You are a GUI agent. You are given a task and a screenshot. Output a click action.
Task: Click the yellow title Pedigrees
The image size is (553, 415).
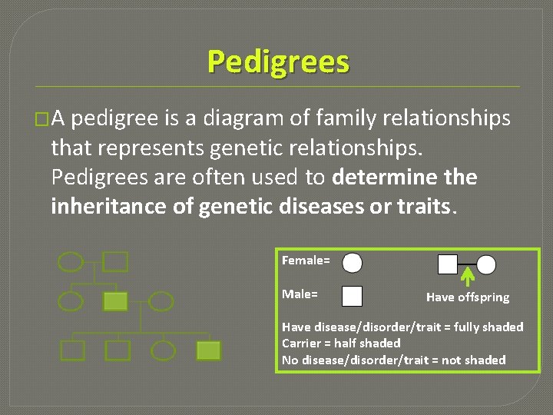pyautogui.click(x=277, y=61)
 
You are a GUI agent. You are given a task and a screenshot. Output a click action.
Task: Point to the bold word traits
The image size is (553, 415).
pyautogui.click(x=422, y=207)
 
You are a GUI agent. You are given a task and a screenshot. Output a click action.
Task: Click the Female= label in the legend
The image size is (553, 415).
pyautogui.click(x=306, y=261)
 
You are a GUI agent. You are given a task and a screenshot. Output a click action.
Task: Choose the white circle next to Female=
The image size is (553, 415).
pyautogui.click(x=352, y=264)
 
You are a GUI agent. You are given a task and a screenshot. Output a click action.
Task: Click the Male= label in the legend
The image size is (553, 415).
pyautogui.click(x=300, y=294)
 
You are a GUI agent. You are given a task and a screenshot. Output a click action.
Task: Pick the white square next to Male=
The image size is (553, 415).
pyautogui.click(x=352, y=296)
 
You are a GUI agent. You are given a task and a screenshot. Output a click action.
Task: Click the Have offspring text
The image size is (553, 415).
pyautogui.click(x=467, y=297)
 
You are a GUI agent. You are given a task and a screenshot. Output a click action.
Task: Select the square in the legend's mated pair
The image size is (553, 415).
pyautogui.click(x=447, y=264)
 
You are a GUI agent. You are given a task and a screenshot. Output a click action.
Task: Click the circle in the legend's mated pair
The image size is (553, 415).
pyautogui.click(x=486, y=264)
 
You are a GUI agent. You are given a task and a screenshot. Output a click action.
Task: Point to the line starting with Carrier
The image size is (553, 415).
pyautogui.click(x=341, y=343)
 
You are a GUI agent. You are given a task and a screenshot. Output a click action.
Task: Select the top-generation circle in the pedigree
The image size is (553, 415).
pyautogui.click(x=71, y=262)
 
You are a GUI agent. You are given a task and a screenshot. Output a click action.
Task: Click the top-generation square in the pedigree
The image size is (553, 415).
pyautogui.click(x=115, y=262)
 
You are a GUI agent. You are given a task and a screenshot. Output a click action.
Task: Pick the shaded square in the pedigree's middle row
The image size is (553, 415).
pyautogui.click(x=115, y=301)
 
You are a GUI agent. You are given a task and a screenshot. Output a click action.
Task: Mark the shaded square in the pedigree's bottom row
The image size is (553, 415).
pyautogui.click(x=207, y=350)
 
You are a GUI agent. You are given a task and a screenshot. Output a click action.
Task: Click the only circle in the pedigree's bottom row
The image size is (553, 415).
pyautogui.click(x=163, y=350)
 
